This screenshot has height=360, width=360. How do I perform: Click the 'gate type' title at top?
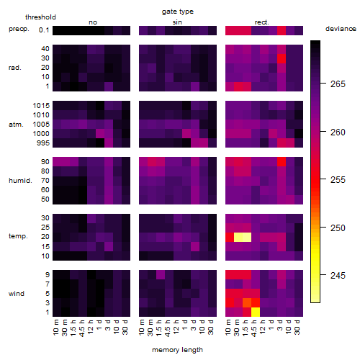(178, 12)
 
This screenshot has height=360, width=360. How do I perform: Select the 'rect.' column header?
(261, 22)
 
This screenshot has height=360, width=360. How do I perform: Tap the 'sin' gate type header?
(177, 22)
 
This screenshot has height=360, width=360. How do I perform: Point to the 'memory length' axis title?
(177, 350)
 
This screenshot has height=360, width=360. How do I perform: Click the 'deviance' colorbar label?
(341, 29)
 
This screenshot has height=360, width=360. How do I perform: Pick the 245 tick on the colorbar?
(338, 275)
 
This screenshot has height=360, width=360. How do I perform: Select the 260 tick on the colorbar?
(338, 132)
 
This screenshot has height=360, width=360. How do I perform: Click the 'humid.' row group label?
(20, 181)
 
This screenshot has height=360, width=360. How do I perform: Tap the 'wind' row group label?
(17, 294)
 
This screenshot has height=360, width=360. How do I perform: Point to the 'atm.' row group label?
(16, 125)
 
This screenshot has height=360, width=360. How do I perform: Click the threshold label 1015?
(41, 106)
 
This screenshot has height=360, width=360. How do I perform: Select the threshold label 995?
(43, 143)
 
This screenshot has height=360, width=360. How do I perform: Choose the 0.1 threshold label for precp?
(44, 30)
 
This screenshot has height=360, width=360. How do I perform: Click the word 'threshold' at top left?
(40, 17)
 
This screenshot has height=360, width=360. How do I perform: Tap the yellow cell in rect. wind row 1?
(256, 312)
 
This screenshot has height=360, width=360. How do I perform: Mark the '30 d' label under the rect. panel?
(297, 327)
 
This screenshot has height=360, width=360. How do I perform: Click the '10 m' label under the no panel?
(55, 328)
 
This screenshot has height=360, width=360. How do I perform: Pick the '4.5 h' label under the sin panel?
(168, 328)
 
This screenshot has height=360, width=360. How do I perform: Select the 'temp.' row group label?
(18, 236)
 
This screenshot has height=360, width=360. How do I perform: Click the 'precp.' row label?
(19, 29)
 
